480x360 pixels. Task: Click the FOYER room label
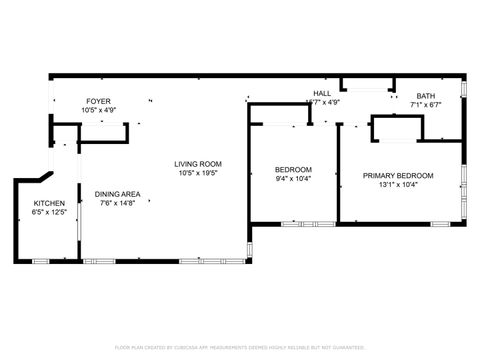pos(98,101)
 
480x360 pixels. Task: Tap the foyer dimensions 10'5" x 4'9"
pos(98,109)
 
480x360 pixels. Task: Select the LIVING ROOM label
pos(198,164)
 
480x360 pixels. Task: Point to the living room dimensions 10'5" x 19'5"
pos(198,173)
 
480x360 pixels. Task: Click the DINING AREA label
pos(118,194)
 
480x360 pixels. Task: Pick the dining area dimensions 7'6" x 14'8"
pos(118,203)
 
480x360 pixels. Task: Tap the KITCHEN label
pos(49,203)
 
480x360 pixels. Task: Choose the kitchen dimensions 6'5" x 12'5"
pos(49,212)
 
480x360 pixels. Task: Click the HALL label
pos(322,93)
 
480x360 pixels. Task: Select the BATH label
pos(426,96)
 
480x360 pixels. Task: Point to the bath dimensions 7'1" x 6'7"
pos(426,105)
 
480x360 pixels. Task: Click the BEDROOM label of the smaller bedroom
pos(293,169)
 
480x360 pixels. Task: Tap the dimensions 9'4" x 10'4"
pos(293,178)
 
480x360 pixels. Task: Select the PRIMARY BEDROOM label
pos(398,175)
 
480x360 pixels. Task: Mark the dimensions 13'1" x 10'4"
pos(398,184)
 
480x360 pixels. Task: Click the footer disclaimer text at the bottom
pos(239,347)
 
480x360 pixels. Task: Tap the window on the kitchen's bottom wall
pos(41,261)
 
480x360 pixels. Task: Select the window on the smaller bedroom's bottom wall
pos(294,224)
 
